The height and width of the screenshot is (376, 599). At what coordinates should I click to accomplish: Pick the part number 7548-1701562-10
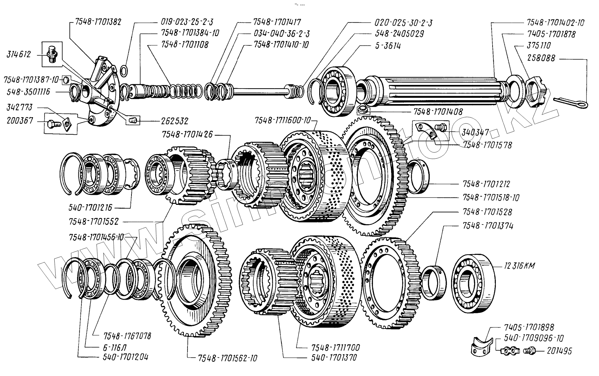[228, 358]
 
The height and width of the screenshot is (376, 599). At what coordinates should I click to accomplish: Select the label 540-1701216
[90, 207]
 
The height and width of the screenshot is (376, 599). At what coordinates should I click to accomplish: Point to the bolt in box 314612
[52, 54]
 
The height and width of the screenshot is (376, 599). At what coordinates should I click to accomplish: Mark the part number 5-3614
[388, 46]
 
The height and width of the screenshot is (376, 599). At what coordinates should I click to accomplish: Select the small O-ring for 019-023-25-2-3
[124, 70]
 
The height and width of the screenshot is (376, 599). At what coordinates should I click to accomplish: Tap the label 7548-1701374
[488, 226]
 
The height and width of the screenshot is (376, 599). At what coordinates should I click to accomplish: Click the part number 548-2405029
[399, 34]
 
